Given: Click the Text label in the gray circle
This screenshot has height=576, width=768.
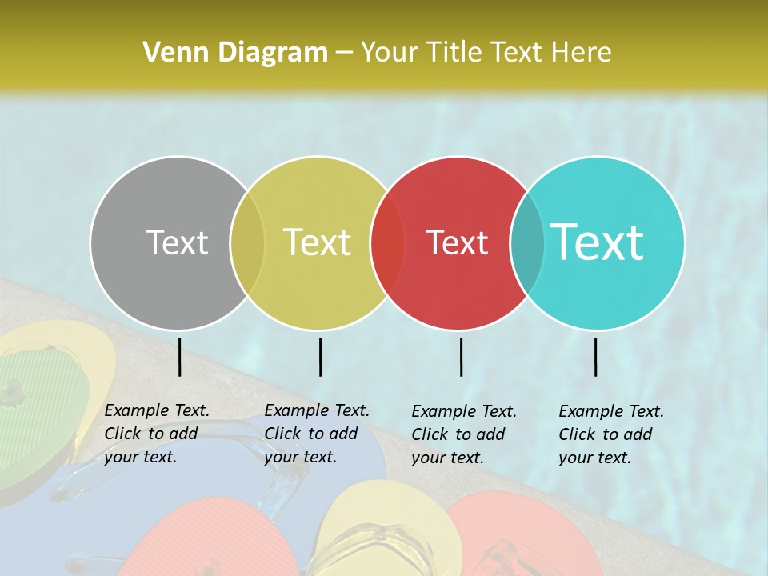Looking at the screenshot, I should (x=177, y=242).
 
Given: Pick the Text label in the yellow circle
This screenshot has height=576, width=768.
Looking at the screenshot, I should (x=318, y=242).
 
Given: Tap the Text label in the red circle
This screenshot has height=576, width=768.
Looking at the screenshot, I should (x=458, y=242).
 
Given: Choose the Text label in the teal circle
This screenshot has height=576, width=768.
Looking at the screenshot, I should (x=598, y=242).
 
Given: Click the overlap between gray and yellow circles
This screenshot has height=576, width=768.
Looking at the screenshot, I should (x=247, y=243).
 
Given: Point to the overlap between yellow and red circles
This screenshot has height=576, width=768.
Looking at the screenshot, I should (x=388, y=243).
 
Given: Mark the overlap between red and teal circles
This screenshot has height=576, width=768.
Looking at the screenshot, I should (x=527, y=243).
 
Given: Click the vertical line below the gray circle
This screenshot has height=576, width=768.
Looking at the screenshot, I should (x=179, y=357).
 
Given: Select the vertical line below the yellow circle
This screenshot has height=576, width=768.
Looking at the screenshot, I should (x=320, y=357).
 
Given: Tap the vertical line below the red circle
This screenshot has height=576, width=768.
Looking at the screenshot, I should (x=461, y=357).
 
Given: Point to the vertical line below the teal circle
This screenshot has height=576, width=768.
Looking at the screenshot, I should (x=595, y=357).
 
